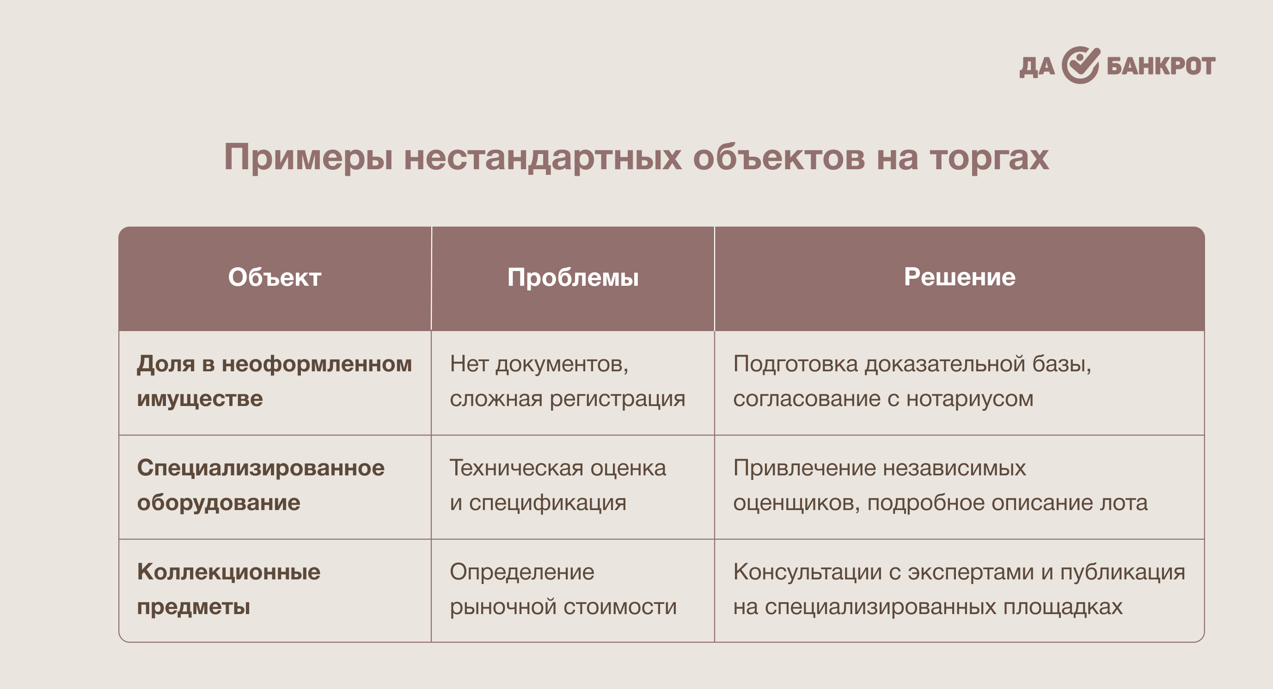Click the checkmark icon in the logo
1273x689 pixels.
tap(1081, 65)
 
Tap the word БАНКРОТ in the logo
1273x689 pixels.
tap(1161, 66)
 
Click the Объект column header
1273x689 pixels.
tap(275, 277)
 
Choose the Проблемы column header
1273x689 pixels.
tap(573, 278)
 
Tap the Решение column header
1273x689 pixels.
tap(960, 277)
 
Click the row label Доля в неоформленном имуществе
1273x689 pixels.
tap(274, 381)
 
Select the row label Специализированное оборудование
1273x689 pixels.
tap(260, 486)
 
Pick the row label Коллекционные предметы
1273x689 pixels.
tap(228, 589)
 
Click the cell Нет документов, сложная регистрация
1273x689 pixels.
tap(567, 381)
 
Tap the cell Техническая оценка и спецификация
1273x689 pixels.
tap(558, 486)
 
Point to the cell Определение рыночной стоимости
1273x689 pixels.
tap(563, 589)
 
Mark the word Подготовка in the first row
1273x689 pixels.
tap(796, 365)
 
